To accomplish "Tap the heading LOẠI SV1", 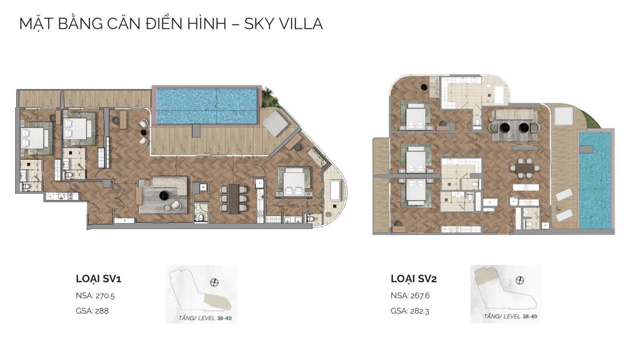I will [98, 279].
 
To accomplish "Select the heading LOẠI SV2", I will [414, 279].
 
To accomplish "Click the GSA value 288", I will [102, 311].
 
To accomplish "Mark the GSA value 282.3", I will [420, 311].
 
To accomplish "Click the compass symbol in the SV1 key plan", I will [214, 282].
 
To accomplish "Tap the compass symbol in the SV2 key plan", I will [520, 280].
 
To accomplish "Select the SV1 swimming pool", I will [206, 106].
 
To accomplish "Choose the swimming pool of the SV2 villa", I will [595, 180].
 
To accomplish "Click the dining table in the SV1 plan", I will [233, 198].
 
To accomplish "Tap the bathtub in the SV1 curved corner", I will [335, 191].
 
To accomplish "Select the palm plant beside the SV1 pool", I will [269, 98].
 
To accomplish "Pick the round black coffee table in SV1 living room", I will [164, 195].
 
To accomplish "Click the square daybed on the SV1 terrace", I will [275, 123].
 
